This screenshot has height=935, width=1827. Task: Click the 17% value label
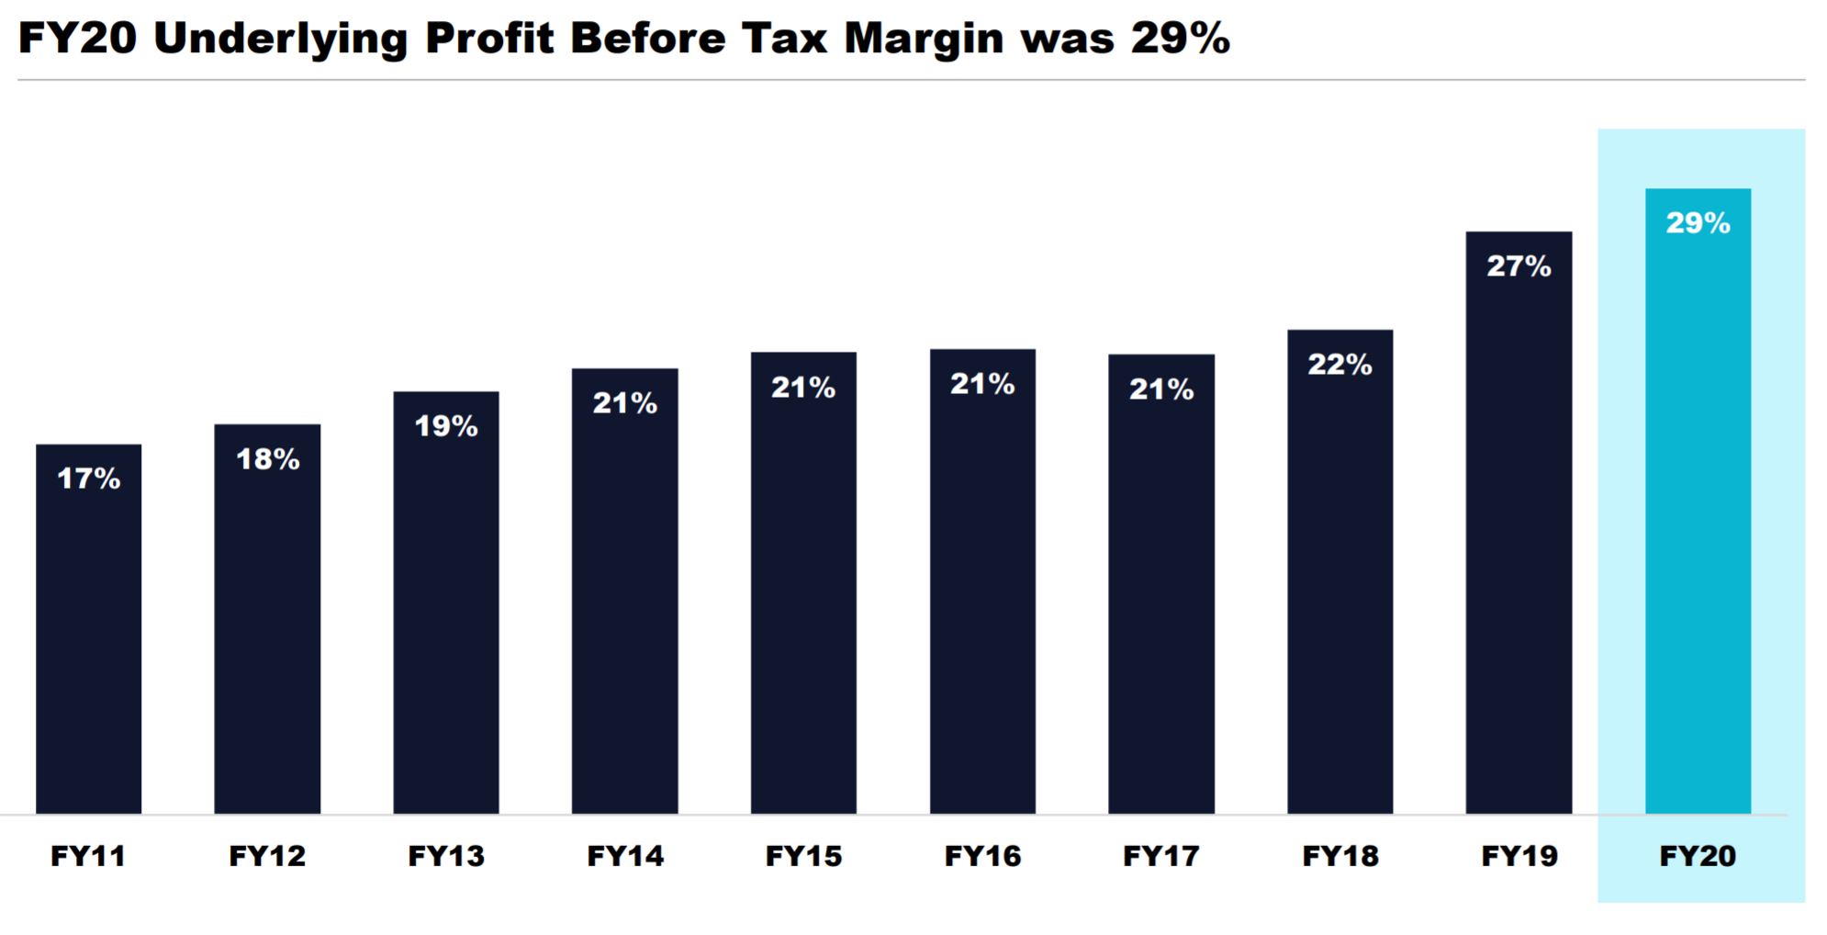pos(89,479)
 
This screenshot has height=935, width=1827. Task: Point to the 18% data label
pos(268,459)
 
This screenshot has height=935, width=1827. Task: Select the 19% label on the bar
pos(446,426)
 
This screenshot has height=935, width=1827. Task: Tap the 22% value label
pos(1339,365)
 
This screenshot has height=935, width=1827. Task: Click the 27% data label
pos(1519,266)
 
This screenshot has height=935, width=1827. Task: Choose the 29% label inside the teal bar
pos(1698,223)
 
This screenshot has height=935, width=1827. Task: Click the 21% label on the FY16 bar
pos(982,384)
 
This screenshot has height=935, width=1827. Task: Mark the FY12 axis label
pos(267,856)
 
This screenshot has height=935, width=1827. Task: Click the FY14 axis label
pos(625,856)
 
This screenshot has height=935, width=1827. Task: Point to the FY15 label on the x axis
pos(803,856)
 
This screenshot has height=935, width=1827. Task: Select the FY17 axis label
pos(1161,856)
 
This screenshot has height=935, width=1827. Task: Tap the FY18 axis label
pos(1340,856)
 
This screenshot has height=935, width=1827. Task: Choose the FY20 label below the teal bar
pos(1698,856)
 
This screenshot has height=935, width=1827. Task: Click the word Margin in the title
pos(924,39)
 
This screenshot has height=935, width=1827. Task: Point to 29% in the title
pos(1180,39)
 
